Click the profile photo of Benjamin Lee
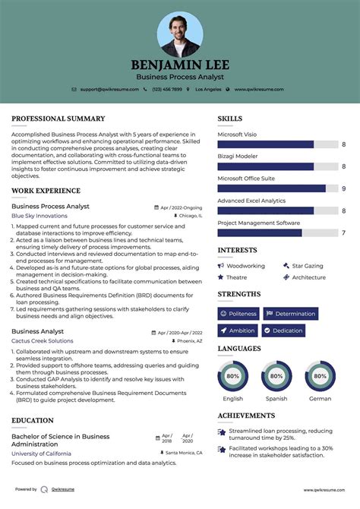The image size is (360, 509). [180, 34]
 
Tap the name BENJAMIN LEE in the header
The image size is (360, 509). [180, 65]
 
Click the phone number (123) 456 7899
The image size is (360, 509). [167, 90]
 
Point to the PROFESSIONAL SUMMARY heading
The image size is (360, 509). [58, 119]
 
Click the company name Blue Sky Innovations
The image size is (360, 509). [39, 216]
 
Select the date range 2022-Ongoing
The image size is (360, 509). [181, 207]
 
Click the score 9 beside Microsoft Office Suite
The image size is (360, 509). [344, 188]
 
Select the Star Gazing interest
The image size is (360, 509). [308, 266]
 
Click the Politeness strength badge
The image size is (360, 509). [238, 314]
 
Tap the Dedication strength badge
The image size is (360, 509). [283, 330]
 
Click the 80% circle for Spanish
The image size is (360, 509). [276, 375]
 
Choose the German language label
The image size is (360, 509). [321, 398]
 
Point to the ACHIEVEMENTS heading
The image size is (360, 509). [246, 416]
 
